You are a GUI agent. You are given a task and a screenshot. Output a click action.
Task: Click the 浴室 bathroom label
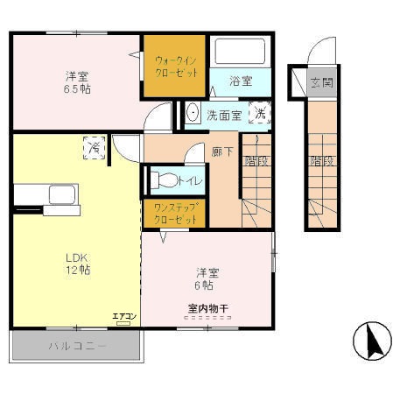click(x=241, y=81)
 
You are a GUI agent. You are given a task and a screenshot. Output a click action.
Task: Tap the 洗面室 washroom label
click(x=225, y=115)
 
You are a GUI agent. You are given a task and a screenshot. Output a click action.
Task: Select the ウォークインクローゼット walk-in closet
click(x=175, y=65)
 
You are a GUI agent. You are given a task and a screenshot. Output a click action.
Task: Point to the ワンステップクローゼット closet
click(x=174, y=213)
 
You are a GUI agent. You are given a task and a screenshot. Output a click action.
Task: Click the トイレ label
click(x=189, y=181)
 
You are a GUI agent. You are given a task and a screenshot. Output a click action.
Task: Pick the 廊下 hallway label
click(x=221, y=151)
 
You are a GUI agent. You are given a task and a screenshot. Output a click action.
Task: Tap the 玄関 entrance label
click(x=321, y=84)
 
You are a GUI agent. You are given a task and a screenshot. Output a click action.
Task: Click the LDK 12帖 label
click(x=77, y=264)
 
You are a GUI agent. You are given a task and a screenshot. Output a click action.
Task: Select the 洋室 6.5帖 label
click(x=76, y=82)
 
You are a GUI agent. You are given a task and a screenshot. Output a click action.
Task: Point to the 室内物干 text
click(x=207, y=307)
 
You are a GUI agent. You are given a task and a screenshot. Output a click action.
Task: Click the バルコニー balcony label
click(x=76, y=347)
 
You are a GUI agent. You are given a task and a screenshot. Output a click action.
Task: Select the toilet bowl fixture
click(x=160, y=181)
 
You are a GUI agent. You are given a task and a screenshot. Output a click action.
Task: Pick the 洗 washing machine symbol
click(x=260, y=113)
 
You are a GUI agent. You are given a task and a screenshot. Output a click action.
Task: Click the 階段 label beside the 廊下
click(x=256, y=161)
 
